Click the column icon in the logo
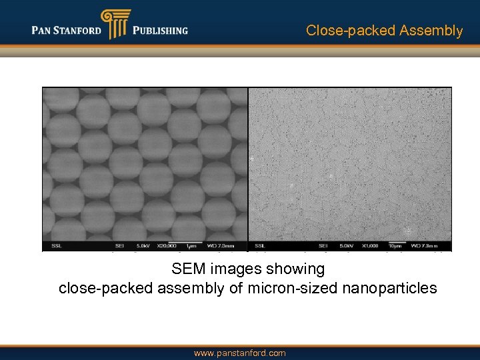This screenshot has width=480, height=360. pos(115,24)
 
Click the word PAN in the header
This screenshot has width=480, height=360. pos(45,31)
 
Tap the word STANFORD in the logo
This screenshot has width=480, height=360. pos(79,31)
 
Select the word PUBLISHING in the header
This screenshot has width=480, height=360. pos(160,31)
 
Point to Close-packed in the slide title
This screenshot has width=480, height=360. pos(351,31)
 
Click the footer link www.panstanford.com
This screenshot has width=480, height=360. pos(239,353)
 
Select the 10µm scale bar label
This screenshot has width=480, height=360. pos(394,245)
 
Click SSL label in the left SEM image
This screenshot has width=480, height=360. pos(51,245)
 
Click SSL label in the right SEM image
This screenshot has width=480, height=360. pos(259,245)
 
